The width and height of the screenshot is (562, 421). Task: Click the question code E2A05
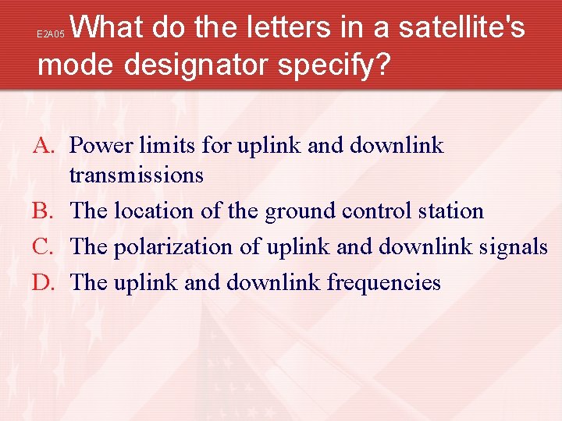(x=51, y=35)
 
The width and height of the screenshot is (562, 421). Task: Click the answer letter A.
(x=44, y=146)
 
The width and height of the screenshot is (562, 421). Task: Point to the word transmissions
(x=137, y=175)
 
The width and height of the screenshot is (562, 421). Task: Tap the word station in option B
(x=450, y=211)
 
